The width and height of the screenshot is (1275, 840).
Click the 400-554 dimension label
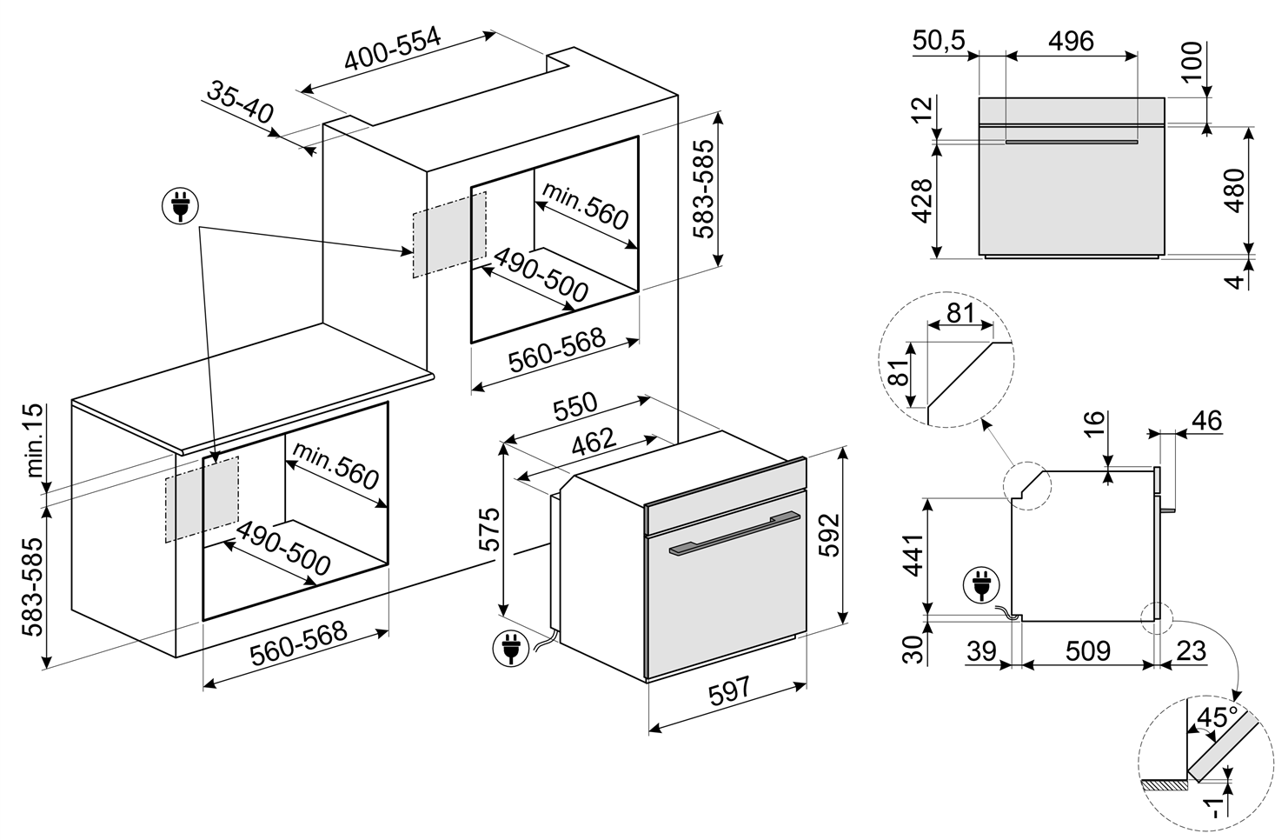(x=393, y=49)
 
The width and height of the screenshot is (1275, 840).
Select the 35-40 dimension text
(x=240, y=103)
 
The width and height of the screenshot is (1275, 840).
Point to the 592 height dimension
(x=829, y=535)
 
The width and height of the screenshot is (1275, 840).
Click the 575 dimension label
(x=488, y=529)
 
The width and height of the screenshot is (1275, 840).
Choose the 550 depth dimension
(x=575, y=407)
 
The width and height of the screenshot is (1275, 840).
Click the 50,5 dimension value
(x=940, y=40)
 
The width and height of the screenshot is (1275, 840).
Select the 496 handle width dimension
(x=1072, y=40)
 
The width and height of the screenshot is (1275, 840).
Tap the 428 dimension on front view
(x=922, y=201)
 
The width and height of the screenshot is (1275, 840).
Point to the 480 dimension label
(x=1234, y=190)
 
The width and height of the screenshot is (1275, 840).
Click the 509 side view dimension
(x=1087, y=651)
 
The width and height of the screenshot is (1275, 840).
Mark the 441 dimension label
(x=914, y=556)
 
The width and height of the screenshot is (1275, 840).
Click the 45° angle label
(x=1218, y=717)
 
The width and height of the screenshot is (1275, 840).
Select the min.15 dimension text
(x=34, y=441)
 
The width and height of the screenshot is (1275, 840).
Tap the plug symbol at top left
(x=181, y=206)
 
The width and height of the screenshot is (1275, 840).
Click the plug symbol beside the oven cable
(x=510, y=648)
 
